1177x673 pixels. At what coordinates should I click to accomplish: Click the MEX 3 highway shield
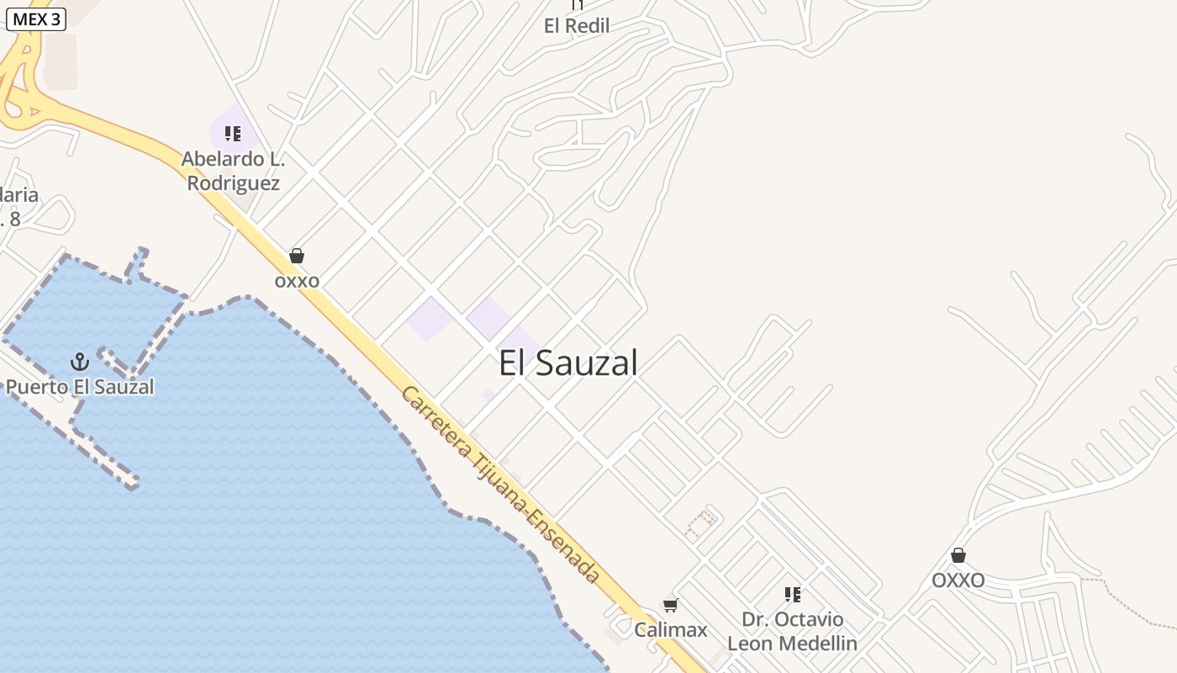(x=36, y=19)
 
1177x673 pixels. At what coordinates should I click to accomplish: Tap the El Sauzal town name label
(x=568, y=363)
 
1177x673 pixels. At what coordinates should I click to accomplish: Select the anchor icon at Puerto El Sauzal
(x=79, y=363)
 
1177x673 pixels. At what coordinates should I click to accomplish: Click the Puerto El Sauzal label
(x=80, y=387)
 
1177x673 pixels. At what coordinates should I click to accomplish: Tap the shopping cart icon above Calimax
(x=671, y=605)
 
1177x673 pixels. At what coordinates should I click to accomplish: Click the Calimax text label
(x=671, y=629)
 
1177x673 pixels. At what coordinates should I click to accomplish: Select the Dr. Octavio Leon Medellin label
(x=792, y=632)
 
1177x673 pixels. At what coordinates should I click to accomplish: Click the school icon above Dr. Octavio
(x=792, y=595)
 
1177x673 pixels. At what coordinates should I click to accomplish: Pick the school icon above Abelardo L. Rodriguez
(x=233, y=134)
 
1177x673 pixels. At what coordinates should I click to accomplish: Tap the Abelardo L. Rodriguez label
(x=234, y=171)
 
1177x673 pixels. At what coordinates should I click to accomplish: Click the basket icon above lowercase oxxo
(x=297, y=256)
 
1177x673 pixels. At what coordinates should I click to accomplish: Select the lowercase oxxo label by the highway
(x=297, y=281)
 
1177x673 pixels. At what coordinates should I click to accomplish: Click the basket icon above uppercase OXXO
(x=958, y=555)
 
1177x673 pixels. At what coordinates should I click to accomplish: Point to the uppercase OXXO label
(x=958, y=580)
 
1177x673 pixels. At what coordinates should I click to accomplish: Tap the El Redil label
(x=577, y=26)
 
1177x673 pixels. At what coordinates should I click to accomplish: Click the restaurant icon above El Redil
(x=577, y=5)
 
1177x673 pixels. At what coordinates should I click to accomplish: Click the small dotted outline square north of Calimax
(x=701, y=522)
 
